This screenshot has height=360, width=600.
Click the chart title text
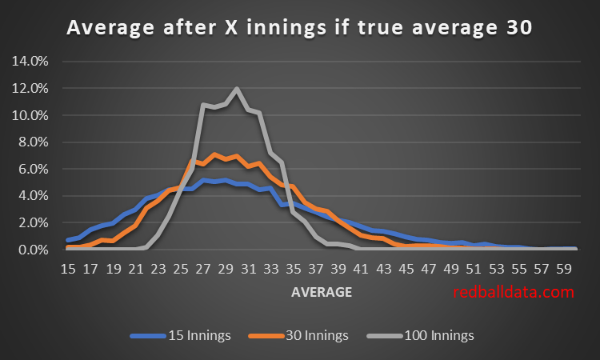click(299, 28)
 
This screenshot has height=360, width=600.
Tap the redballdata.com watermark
click(513, 292)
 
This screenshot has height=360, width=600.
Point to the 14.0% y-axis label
click(33, 61)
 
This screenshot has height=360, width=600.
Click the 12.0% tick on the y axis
click(33, 88)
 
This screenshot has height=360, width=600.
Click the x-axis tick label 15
click(68, 270)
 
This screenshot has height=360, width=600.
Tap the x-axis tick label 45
click(406, 270)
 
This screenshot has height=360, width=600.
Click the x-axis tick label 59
click(563, 270)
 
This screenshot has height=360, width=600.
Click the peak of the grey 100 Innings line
click(237, 88)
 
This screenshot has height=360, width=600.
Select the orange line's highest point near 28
click(214, 154)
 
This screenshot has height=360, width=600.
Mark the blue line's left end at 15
click(68, 240)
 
